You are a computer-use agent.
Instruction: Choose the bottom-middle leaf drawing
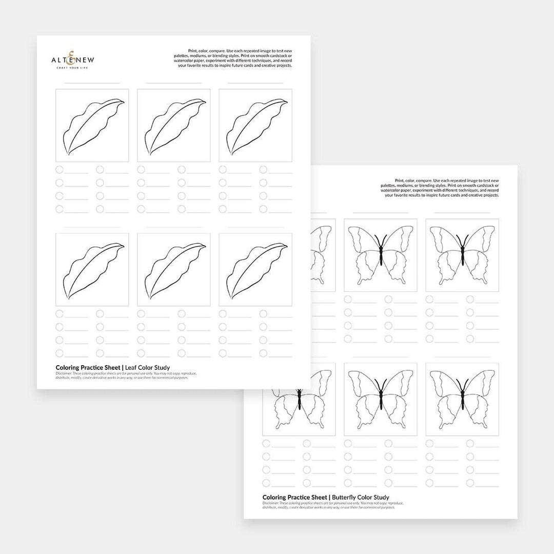(174, 270)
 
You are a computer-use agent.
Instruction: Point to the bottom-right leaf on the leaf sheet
(255, 270)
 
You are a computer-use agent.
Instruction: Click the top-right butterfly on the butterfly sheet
(462, 255)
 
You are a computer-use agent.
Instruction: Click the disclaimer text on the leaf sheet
(126, 375)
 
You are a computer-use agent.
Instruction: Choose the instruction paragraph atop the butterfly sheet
(440, 188)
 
